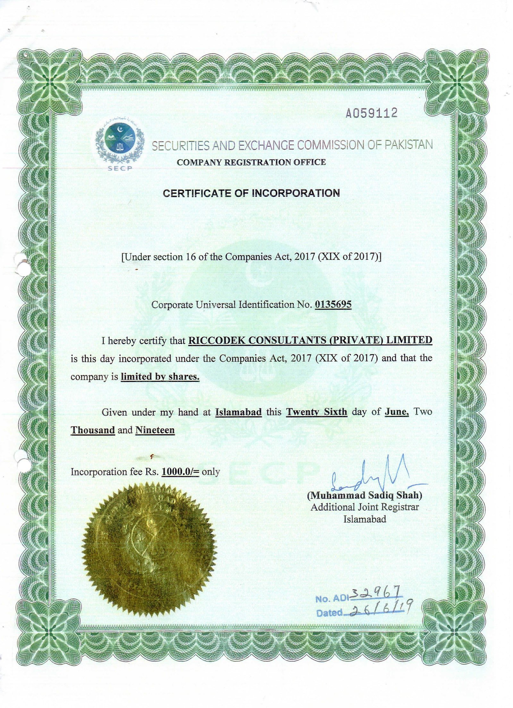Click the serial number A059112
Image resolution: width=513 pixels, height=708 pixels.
[x=371, y=113]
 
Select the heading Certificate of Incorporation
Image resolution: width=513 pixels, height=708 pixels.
[x=251, y=193]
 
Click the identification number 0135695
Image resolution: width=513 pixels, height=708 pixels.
[x=333, y=304]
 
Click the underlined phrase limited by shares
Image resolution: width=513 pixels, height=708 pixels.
[x=160, y=376]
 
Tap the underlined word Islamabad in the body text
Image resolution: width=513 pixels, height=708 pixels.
[x=239, y=412]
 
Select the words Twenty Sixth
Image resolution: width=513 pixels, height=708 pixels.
[x=316, y=412]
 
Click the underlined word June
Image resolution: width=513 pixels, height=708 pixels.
[x=397, y=412]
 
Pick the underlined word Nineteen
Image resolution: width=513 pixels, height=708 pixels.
[x=155, y=430]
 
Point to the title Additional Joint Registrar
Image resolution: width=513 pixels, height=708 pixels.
[x=365, y=507]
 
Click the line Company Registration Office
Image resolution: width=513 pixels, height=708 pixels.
[x=251, y=162]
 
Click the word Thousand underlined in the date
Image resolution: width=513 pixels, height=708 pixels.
[x=93, y=430]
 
